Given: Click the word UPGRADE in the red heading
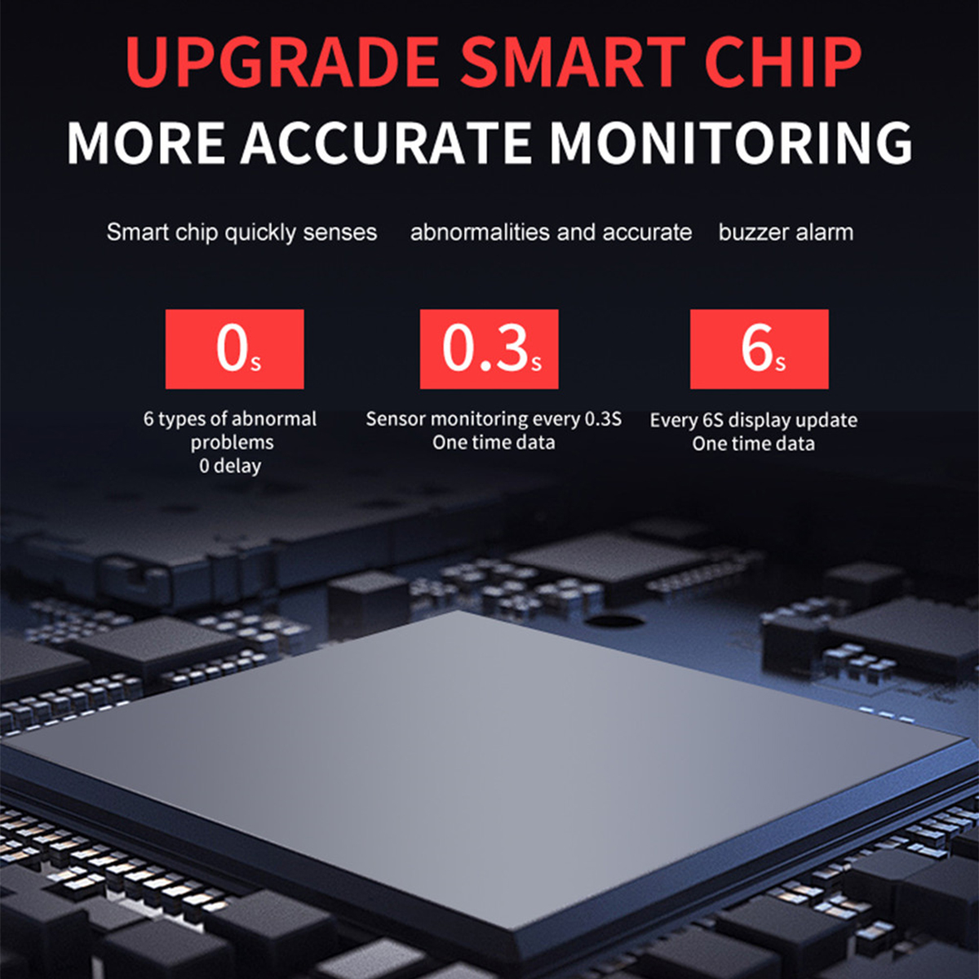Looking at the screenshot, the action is click(282, 62).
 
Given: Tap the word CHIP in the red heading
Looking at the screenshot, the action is click(782, 62).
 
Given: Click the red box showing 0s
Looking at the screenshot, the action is click(235, 349).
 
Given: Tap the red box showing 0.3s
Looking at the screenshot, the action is click(489, 349).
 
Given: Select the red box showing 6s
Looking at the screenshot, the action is click(760, 349).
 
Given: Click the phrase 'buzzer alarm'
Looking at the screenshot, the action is click(786, 233).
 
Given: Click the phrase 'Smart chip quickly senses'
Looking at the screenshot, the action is click(241, 233).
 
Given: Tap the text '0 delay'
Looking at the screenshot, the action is click(230, 466).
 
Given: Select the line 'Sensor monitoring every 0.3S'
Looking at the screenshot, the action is click(494, 419).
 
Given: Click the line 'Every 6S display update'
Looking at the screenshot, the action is click(754, 421).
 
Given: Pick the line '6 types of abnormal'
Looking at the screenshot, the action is click(230, 419).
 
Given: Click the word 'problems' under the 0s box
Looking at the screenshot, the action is click(233, 443).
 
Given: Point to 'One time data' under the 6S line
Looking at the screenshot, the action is click(754, 444).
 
